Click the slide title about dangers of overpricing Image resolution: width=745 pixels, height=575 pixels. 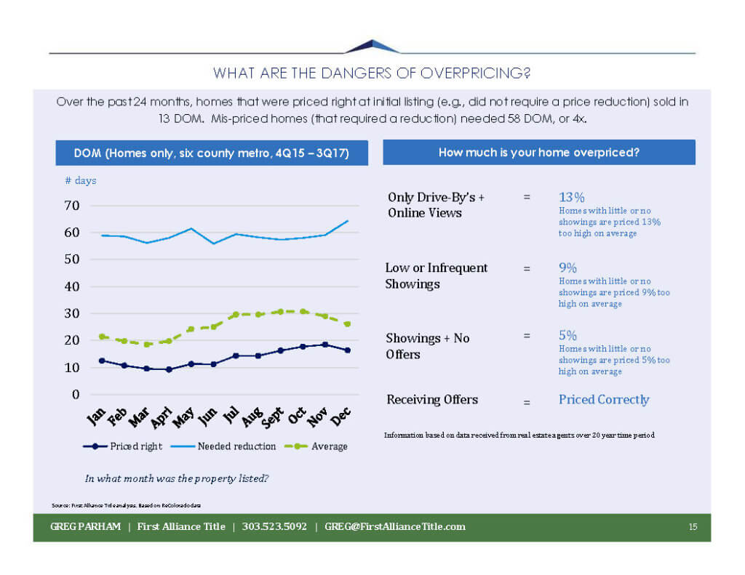pyautogui.click(x=372, y=73)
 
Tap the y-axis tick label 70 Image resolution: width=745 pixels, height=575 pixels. pyautogui.click(x=71, y=206)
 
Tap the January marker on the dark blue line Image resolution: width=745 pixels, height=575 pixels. pyautogui.click(x=102, y=361)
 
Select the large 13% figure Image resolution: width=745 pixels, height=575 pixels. pyautogui.click(x=572, y=197)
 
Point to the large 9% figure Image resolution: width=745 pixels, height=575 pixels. pyautogui.click(x=567, y=268)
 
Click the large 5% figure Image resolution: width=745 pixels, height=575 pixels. pyautogui.click(x=567, y=335)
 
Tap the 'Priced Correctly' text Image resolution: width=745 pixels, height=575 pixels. pyautogui.click(x=604, y=399)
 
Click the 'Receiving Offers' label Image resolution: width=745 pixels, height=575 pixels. pyautogui.click(x=432, y=399)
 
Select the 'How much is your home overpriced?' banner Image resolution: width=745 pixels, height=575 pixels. pyautogui.click(x=539, y=153)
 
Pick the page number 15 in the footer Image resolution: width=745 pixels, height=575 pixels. pyautogui.click(x=693, y=527)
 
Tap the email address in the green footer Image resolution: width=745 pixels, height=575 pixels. pyautogui.click(x=395, y=526)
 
